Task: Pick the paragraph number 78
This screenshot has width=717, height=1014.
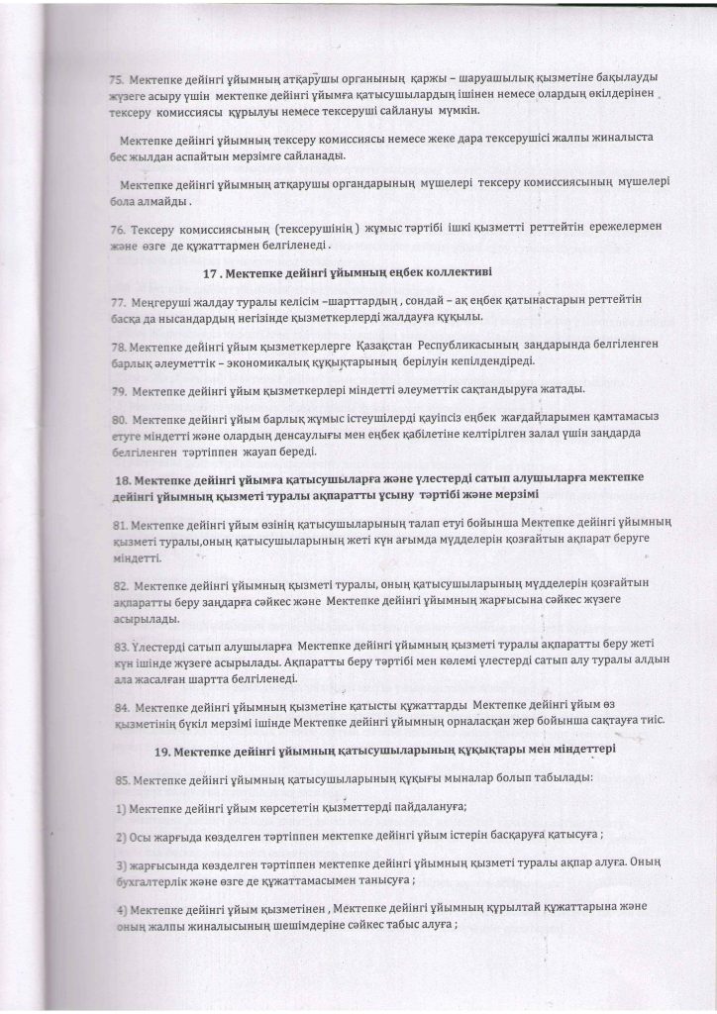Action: click(117, 343)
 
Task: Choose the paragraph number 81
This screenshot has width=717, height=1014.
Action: click(117, 523)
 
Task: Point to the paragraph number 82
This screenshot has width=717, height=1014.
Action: click(117, 584)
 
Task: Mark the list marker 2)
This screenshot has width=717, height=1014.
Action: click(119, 838)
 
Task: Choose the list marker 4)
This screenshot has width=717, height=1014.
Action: click(119, 910)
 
